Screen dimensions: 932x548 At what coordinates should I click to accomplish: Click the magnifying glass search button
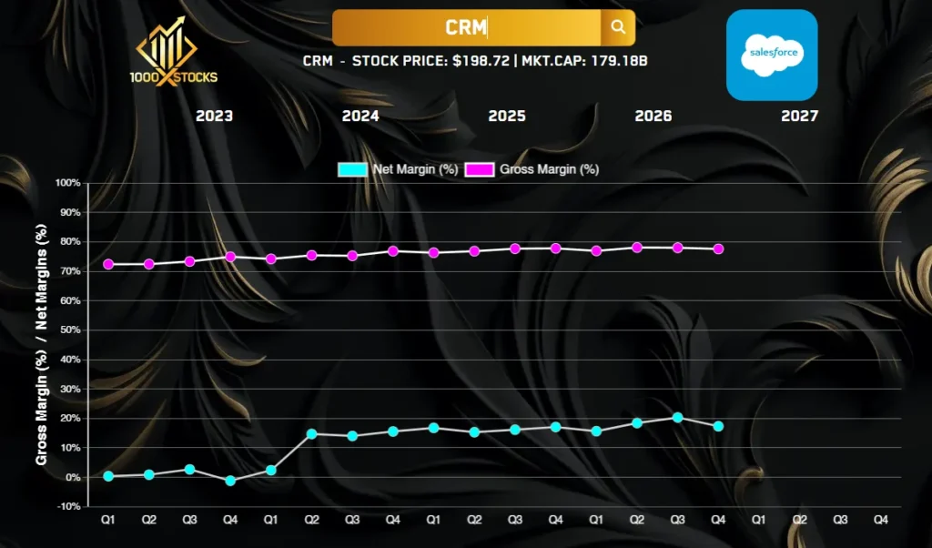point(618,27)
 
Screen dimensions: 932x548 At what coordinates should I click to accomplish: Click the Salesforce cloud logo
point(772,55)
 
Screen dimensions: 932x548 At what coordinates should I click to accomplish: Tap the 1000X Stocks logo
point(174,52)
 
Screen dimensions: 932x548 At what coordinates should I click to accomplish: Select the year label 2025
point(507,116)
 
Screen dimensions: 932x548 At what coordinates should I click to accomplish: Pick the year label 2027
point(799,116)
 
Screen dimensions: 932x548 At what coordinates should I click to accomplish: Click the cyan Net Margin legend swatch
point(352,169)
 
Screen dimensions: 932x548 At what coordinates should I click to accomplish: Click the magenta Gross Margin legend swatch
point(479,169)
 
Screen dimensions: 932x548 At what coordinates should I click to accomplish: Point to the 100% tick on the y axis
point(67,182)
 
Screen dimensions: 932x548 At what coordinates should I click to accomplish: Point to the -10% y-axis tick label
point(68,506)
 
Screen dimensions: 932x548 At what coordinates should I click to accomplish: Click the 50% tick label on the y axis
point(69,330)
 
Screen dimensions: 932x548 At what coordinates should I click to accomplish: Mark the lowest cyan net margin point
point(230,481)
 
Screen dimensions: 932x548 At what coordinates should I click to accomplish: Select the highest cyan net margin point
point(677,417)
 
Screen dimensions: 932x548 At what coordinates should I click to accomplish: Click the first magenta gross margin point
point(108,264)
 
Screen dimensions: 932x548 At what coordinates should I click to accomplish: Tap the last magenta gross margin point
point(718,249)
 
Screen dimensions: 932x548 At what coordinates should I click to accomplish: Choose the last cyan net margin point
point(718,426)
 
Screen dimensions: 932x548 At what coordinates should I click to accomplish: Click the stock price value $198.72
point(481,61)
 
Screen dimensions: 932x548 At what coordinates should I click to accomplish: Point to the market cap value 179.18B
point(618,61)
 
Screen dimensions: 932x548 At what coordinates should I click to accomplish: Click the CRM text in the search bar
point(465,27)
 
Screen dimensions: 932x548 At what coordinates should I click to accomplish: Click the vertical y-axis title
point(41,345)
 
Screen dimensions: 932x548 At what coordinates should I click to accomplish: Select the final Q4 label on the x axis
point(880,520)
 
